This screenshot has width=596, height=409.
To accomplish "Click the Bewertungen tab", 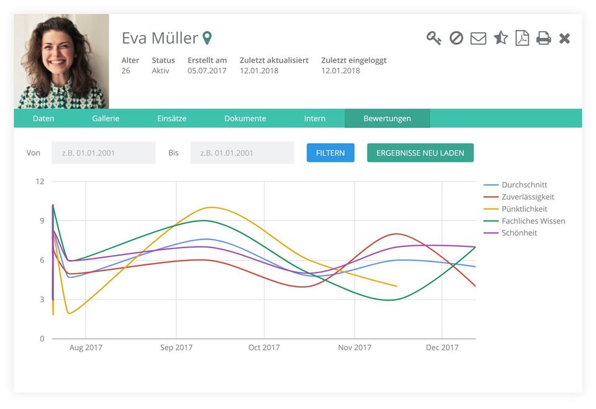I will pyautogui.click(x=387, y=119).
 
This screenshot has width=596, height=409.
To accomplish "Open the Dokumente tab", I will pyautogui.click(x=245, y=119).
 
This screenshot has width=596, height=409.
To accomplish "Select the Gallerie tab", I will pyautogui.click(x=106, y=119).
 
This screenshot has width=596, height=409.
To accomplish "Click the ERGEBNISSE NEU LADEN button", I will pyautogui.click(x=420, y=153).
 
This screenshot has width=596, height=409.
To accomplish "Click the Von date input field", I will pyautogui.click(x=103, y=153).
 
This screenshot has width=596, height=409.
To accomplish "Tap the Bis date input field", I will pyautogui.click(x=242, y=153).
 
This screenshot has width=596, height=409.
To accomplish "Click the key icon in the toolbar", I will pyautogui.click(x=433, y=38).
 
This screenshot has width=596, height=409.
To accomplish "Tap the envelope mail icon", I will pyautogui.click(x=478, y=38).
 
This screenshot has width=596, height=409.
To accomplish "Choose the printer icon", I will pyautogui.click(x=543, y=38).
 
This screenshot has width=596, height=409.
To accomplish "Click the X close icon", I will pyautogui.click(x=564, y=38).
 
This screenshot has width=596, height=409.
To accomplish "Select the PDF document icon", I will pyautogui.click(x=522, y=38).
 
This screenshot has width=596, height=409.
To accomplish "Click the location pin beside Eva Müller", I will pyautogui.click(x=207, y=38).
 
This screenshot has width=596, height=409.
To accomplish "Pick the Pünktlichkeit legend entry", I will pyautogui.click(x=523, y=209).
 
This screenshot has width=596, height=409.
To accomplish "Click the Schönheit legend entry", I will pyautogui.click(x=518, y=233).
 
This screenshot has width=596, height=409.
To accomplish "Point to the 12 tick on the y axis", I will pyautogui.click(x=40, y=181).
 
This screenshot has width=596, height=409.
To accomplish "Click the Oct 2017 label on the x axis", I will pyautogui.click(x=264, y=348).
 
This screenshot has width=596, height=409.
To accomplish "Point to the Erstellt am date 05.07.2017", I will pyautogui.click(x=207, y=71).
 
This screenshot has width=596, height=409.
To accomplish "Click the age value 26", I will pyautogui.click(x=126, y=71).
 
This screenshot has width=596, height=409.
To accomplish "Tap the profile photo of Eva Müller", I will pyautogui.click(x=61, y=61).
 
